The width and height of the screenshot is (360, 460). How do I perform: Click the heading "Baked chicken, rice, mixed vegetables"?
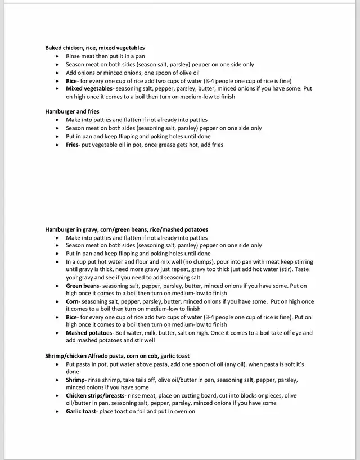click(95, 48)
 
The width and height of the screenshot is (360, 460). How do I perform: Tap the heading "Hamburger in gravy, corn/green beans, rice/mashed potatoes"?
click(127, 229)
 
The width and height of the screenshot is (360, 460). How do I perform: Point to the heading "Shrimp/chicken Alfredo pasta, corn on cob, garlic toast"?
click(117, 356)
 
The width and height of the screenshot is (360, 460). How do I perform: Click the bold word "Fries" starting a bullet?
click(72, 145)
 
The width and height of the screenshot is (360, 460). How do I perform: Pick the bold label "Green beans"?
click(82, 286)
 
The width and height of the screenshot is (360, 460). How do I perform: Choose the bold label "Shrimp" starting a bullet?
click(75, 380)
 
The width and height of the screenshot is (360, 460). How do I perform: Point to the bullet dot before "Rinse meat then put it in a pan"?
click(58, 56)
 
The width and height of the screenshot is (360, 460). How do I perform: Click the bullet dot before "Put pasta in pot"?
click(58, 364)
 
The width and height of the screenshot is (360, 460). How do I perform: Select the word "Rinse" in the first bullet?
click(73, 56)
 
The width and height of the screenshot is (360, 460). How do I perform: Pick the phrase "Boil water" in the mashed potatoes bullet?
click(131, 333)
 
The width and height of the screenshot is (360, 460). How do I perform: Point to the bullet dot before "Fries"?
click(58, 145)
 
